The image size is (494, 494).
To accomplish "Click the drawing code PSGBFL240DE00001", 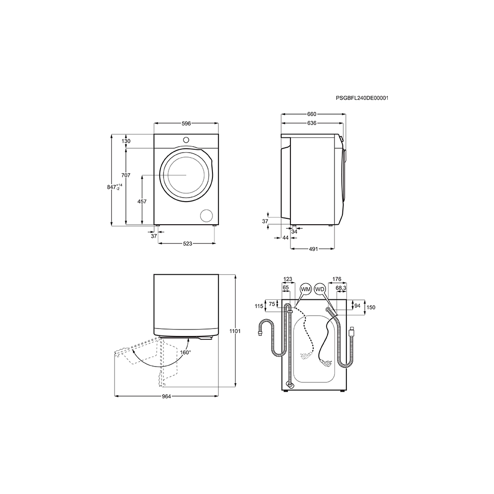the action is click(362, 98).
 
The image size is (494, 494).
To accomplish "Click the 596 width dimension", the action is click(186, 123).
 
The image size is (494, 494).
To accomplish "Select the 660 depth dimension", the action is click(312, 114).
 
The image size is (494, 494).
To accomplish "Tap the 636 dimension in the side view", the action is click(312, 123).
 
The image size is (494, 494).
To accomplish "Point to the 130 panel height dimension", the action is click(126, 141).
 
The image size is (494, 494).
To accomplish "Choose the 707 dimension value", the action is click(125, 175).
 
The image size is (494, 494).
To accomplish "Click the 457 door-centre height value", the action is click(142, 202).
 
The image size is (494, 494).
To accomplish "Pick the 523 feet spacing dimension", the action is click(187, 244).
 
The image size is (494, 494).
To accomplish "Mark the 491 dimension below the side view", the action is click(313, 249).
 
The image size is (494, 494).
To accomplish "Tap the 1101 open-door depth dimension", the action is click(235, 331).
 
